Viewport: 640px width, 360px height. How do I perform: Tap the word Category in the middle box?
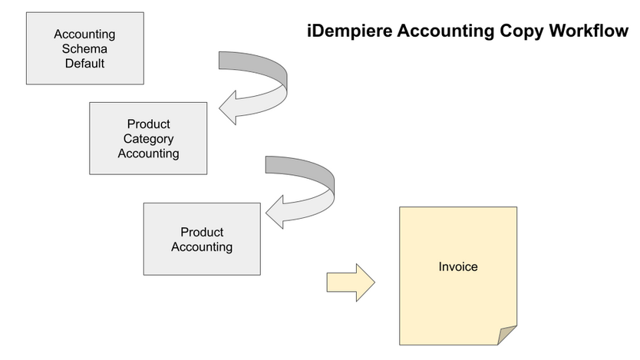(148, 139)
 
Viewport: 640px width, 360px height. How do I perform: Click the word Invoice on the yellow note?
(458, 267)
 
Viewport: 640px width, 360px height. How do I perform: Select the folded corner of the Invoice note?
(508, 335)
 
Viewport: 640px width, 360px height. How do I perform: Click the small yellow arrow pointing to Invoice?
(349, 282)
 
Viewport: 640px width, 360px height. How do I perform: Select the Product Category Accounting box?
(148, 138)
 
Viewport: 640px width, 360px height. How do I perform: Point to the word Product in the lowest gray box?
(202, 233)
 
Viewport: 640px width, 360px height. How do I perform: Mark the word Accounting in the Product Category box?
(148, 154)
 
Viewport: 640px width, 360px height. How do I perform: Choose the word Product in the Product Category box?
(148, 124)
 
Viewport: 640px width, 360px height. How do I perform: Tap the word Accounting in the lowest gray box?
(202, 247)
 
